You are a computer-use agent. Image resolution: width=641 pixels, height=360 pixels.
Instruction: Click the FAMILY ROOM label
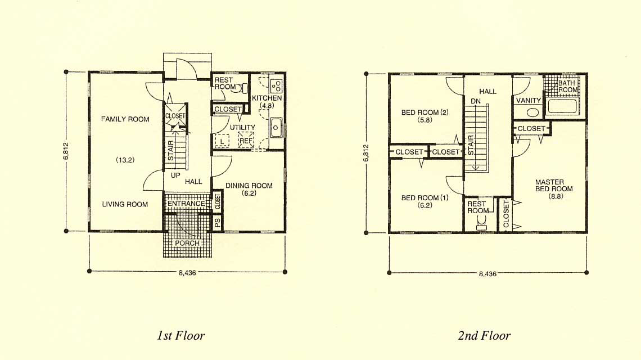pos(125,119)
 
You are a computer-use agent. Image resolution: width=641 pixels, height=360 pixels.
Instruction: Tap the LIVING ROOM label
pos(125,204)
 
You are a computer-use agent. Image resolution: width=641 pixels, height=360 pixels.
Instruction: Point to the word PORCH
pos(187,243)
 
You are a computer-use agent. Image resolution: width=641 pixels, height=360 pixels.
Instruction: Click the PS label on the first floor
pos(218,223)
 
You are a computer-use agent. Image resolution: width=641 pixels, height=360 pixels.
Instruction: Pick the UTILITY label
pos(242,127)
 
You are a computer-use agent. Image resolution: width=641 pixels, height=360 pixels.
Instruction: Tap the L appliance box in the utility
pos(222,141)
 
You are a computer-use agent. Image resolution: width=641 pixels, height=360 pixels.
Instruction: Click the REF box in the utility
pos(246,140)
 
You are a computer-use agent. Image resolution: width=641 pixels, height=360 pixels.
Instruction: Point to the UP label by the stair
pos(175,175)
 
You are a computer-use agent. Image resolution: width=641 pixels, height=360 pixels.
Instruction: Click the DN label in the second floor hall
pos(476,101)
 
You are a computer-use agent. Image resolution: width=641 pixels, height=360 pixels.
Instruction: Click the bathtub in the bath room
pos(562,106)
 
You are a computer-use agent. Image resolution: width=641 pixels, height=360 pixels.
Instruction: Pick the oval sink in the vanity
pos(532,112)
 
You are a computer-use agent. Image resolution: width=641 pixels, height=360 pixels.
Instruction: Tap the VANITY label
pos(528,100)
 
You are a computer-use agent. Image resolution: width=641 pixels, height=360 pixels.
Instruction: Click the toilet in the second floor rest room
pos(481,223)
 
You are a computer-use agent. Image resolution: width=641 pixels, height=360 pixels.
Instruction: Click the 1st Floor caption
pos(180,336)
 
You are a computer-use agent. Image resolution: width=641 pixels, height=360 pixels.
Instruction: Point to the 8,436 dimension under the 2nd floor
pos(487,274)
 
